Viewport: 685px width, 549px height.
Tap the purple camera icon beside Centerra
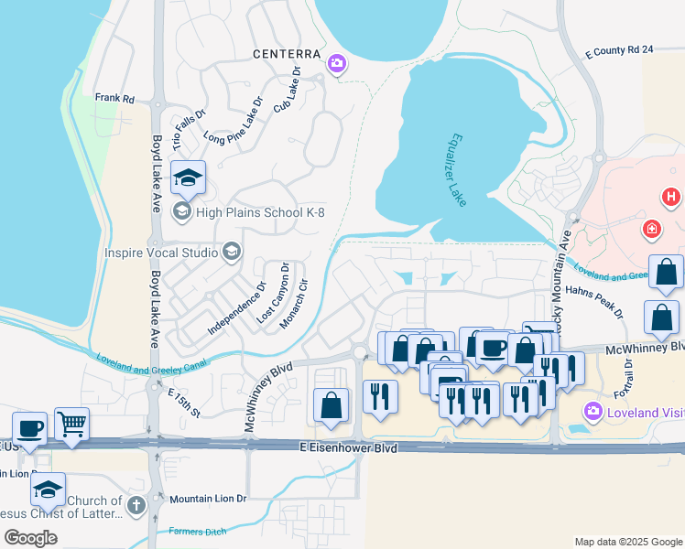coord(337,63)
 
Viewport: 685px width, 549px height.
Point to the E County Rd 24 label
coord(618,49)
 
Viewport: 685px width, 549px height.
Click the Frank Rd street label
coord(114,97)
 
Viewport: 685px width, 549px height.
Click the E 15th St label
coord(183,402)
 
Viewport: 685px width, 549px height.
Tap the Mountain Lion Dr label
coord(208,500)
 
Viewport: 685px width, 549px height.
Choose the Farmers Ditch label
coord(201,531)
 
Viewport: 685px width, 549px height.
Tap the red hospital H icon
coord(671,196)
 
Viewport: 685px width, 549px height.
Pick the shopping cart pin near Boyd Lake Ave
coord(71,423)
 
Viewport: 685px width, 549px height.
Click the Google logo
coord(30,538)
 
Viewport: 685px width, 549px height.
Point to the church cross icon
coord(136,504)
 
